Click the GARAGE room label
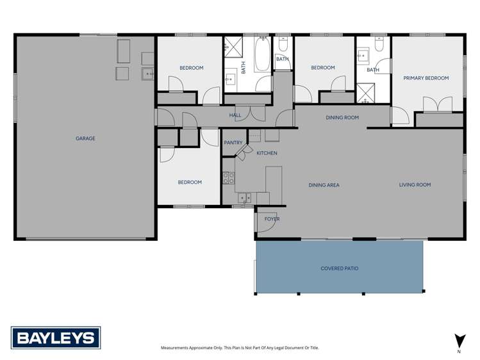tap(85, 138)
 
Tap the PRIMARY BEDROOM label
tap(426, 78)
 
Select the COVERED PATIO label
tap(339, 268)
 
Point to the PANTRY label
tap(233, 142)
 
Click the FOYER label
tap(272, 219)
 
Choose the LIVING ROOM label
tap(415, 185)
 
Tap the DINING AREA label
tap(324, 185)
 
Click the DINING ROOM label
tap(342, 118)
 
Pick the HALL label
tap(235, 115)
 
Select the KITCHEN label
tap(267, 153)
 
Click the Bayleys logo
tap(56, 338)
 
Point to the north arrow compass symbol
tap(459, 342)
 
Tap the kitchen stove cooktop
tap(228, 178)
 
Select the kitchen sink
tap(244, 198)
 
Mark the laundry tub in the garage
tap(148, 74)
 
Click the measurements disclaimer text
tap(239, 348)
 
